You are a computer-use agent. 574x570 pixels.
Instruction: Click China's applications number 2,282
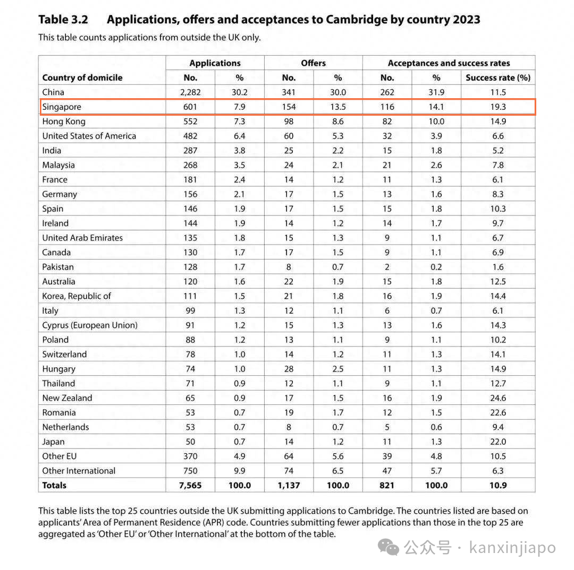(190, 92)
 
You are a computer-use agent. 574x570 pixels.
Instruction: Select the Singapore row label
(62, 107)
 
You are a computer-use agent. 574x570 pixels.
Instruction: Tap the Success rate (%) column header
(498, 77)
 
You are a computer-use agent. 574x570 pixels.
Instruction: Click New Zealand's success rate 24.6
(498, 398)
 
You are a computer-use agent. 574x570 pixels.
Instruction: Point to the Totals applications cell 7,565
(190, 485)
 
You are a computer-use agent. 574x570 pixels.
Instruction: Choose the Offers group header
(314, 63)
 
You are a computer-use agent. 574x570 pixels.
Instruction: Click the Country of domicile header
(82, 77)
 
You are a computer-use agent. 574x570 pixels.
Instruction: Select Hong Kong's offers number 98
(289, 122)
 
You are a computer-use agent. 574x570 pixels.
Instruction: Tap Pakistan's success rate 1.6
(498, 267)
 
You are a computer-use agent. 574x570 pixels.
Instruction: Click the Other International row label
(79, 471)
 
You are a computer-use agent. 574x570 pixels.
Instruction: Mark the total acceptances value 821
(387, 485)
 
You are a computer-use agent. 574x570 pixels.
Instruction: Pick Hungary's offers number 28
(289, 369)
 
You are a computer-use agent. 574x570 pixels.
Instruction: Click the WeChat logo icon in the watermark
(389, 547)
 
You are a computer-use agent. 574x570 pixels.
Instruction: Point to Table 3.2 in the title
(63, 20)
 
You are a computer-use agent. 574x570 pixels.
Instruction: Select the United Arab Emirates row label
(82, 238)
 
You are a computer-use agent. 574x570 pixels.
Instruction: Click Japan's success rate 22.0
(498, 442)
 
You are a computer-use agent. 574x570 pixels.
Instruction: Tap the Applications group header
(215, 63)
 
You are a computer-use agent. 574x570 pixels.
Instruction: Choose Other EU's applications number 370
(190, 456)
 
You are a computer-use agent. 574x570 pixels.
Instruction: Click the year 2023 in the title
(467, 20)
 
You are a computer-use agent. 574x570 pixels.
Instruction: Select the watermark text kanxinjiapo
(512, 548)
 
